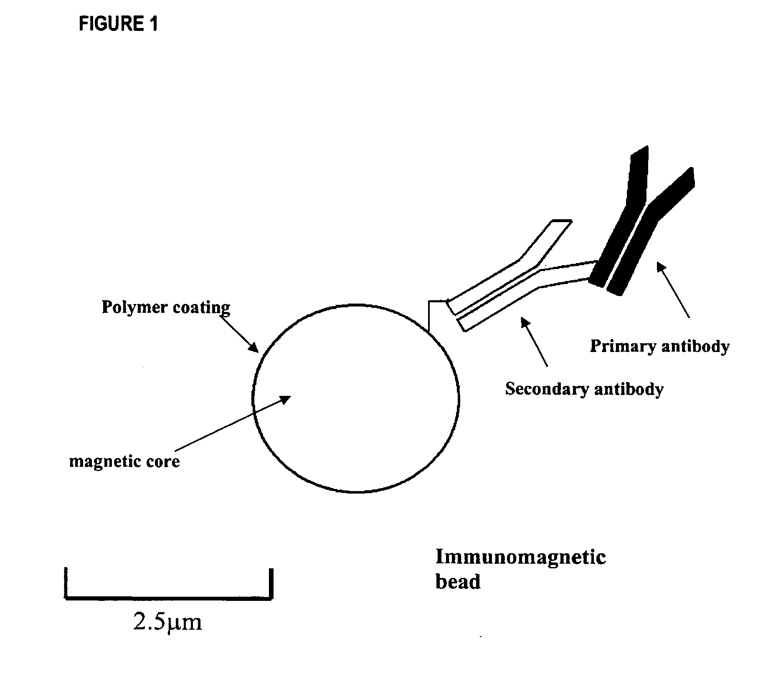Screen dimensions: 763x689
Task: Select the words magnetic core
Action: coord(124,461)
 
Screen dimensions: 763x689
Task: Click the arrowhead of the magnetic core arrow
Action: coord(286,399)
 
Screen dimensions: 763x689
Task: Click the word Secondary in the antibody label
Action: coord(544,389)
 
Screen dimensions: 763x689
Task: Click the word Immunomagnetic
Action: coord(520,557)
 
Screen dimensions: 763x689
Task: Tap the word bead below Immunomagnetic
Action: coord(458,581)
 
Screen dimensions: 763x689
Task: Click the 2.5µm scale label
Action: coord(167,622)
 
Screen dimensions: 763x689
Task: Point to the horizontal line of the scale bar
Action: coord(169,598)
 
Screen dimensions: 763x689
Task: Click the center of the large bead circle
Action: coord(356,399)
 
